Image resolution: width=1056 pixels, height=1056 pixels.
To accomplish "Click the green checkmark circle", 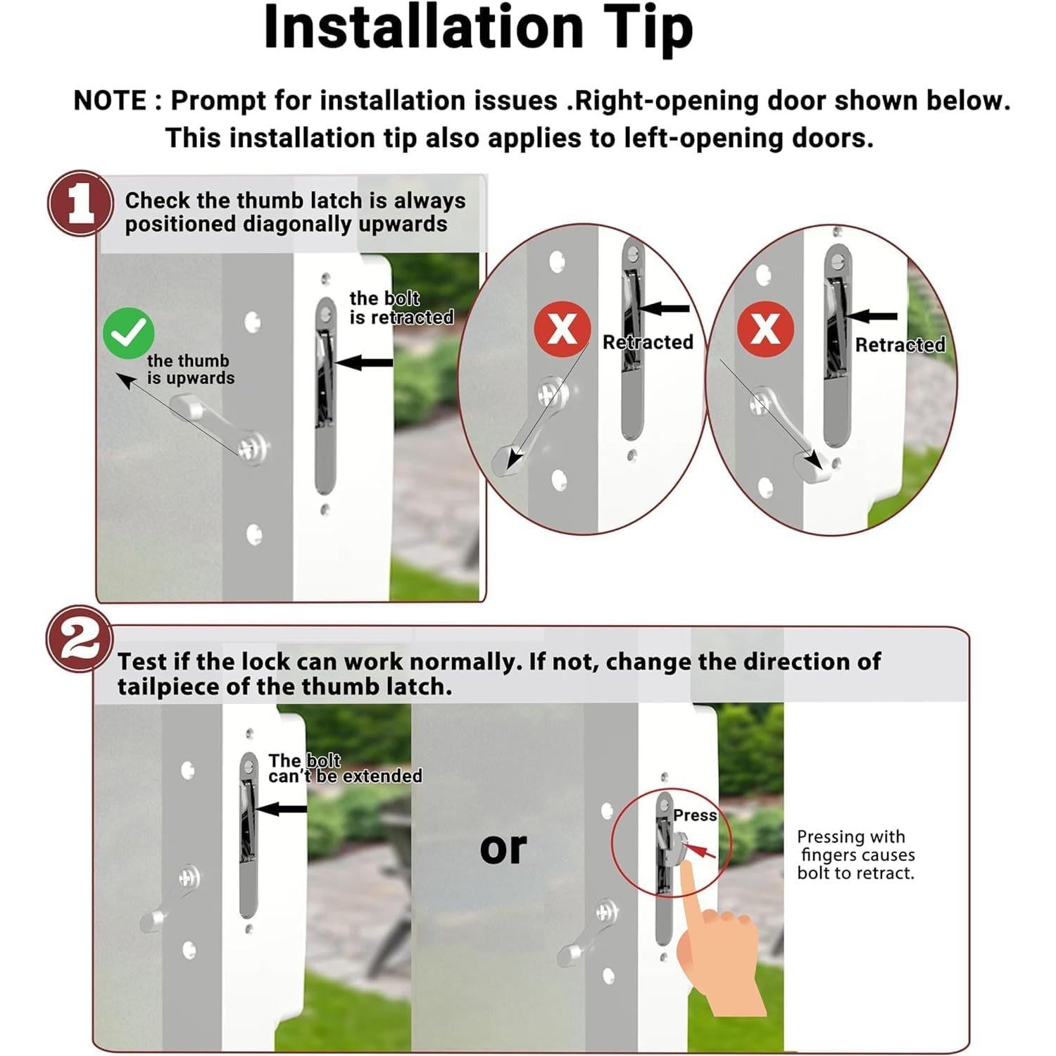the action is click(x=129, y=333).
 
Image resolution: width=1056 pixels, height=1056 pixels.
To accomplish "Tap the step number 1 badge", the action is click(x=80, y=203).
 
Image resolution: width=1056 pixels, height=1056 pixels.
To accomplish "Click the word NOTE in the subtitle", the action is click(x=110, y=101).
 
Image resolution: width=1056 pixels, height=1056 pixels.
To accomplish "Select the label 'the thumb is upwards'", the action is click(x=190, y=370).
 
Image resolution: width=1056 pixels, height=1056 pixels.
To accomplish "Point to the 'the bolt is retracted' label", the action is click(x=401, y=308).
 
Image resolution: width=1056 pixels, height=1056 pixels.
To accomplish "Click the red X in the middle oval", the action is click(x=562, y=329).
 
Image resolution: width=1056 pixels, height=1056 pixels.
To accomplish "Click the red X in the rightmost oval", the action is click(x=765, y=329).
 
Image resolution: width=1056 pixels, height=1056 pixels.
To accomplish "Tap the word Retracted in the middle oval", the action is click(x=648, y=342).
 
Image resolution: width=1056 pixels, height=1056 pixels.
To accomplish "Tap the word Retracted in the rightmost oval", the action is click(x=900, y=345).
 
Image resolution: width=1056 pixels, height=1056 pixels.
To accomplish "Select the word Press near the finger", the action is click(x=695, y=815).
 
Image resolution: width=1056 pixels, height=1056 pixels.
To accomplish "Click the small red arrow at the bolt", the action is click(x=700, y=851).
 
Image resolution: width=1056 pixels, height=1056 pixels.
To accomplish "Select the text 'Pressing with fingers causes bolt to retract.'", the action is click(x=855, y=855).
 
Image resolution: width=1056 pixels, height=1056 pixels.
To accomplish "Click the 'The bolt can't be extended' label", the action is click(x=345, y=768).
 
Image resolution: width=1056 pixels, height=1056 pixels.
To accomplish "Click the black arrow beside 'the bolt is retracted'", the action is click(x=363, y=363).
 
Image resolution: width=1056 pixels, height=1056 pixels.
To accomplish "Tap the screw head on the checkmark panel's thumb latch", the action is click(x=252, y=447).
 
